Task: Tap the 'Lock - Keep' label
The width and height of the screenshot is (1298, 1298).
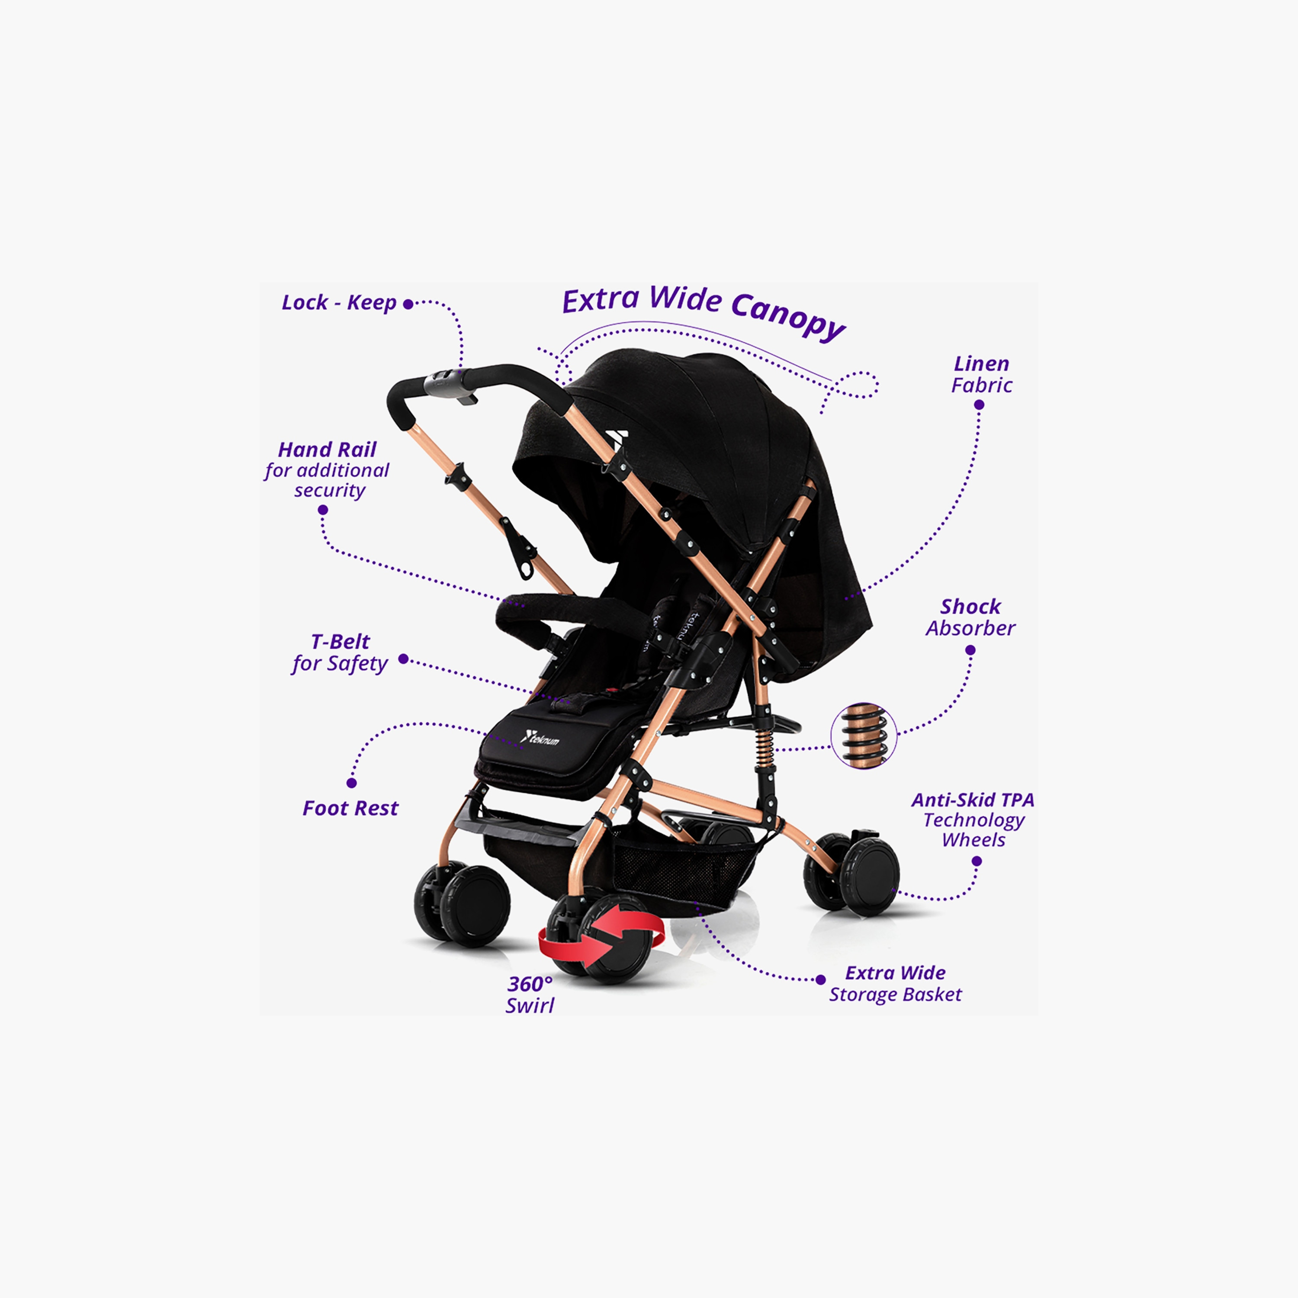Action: click(339, 303)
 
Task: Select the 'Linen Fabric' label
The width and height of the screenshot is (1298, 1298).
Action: click(982, 374)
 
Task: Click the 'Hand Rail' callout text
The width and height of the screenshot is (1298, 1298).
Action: click(327, 469)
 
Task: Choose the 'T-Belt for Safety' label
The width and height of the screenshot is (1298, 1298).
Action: click(340, 653)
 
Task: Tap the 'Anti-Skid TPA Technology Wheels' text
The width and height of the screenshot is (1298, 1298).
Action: click(973, 819)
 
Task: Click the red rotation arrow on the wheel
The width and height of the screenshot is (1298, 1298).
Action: click(601, 940)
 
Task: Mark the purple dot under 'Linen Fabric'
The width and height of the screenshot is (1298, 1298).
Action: click(979, 405)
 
